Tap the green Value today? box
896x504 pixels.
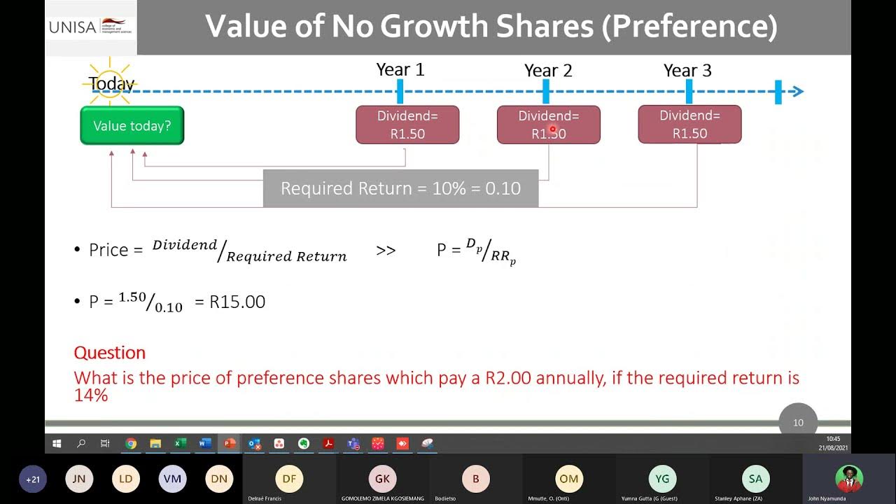[132, 126]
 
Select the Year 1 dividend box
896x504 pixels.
[407, 125]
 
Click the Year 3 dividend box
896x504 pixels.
[689, 125]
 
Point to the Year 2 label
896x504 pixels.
[548, 71]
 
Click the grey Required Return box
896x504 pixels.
[400, 188]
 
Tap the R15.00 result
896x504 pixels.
[237, 302]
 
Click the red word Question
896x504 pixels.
[110, 352]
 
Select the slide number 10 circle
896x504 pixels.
[798, 422]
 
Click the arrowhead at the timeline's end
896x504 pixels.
[798, 91]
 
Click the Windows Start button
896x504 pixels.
[57, 443]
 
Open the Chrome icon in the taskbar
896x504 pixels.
[131, 443]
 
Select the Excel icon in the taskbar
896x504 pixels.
[180, 443]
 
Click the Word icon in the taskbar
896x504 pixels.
[204, 443]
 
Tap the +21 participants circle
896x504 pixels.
[33, 479]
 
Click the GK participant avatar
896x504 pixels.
[382, 479]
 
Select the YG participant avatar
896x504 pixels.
[662, 479]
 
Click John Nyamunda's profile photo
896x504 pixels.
[849, 479]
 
